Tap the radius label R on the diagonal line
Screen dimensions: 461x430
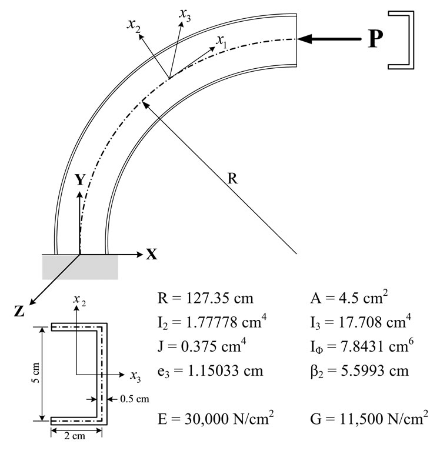[x=232, y=179]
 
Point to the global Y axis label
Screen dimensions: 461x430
[x=80, y=180]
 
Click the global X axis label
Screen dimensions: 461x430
[x=152, y=254]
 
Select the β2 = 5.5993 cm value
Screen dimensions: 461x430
[x=359, y=371]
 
